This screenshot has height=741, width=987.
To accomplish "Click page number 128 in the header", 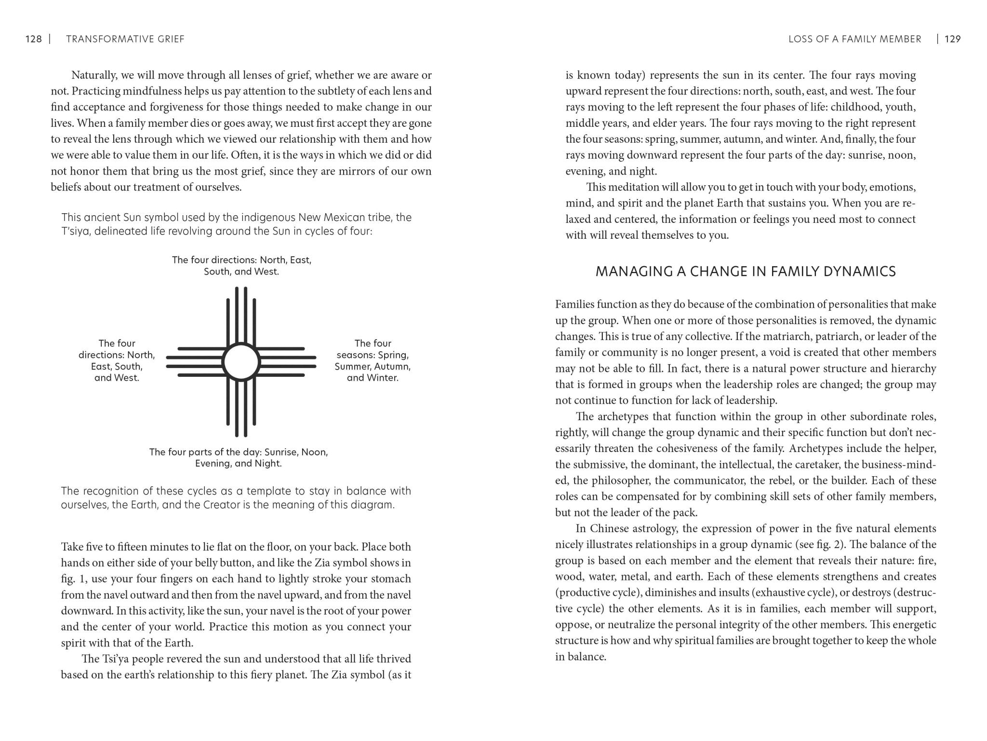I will [x=33, y=39].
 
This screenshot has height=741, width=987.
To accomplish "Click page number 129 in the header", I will [x=952, y=39].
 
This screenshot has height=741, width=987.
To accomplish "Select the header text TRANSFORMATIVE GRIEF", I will [x=125, y=39].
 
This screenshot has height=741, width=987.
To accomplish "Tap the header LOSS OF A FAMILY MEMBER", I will [x=854, y=39].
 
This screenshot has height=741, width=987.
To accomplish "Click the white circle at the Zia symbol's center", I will [x=241, y=362].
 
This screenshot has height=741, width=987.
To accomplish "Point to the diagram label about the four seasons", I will [x=373, y=360].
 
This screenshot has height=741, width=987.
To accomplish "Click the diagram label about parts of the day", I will [x=239, y=458].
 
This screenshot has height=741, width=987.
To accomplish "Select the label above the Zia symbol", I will [x=241, y=265].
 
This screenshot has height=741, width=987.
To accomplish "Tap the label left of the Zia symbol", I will [x=117, y=360].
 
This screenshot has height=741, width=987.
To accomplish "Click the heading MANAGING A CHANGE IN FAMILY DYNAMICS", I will [x=746, y=272].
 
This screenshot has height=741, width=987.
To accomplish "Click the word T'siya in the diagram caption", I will [x=76, y=231].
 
